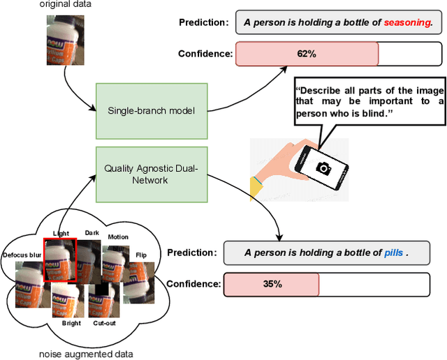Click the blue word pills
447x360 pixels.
[394, 253]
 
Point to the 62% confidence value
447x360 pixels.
[307, 54]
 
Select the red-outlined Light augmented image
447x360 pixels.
[59, 259]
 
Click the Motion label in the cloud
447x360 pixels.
[118, 237]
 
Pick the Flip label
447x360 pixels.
[141, 255]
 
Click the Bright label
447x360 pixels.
[71, 323]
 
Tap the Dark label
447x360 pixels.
[92, 233]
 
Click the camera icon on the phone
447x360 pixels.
[324, 168]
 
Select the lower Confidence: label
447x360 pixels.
[192, 284]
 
